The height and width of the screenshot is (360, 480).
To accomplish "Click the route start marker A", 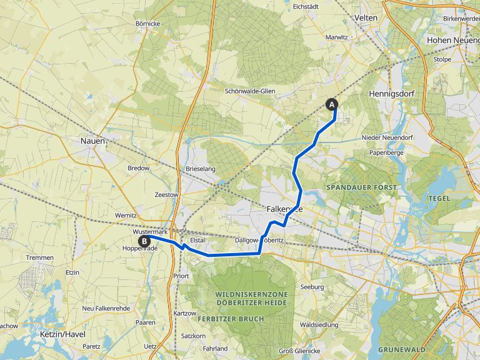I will click(x=331, y=104).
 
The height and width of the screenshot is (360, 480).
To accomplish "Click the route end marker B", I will click(x=144, y=241).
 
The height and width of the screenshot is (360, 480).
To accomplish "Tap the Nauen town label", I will click(x=92, y=141).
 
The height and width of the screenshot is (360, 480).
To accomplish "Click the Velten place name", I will click(x=366, y=18).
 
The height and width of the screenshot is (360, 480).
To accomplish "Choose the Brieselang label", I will click(x=201, y=169).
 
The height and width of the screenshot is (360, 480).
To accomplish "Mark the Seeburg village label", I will click(x=312, y=287).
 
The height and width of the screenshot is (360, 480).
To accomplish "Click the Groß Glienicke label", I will click(x=295, y=349).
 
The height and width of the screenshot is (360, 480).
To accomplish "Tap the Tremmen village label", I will click(x=41, y=257).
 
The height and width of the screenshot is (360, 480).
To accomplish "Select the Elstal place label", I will click(x=197, y=239).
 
